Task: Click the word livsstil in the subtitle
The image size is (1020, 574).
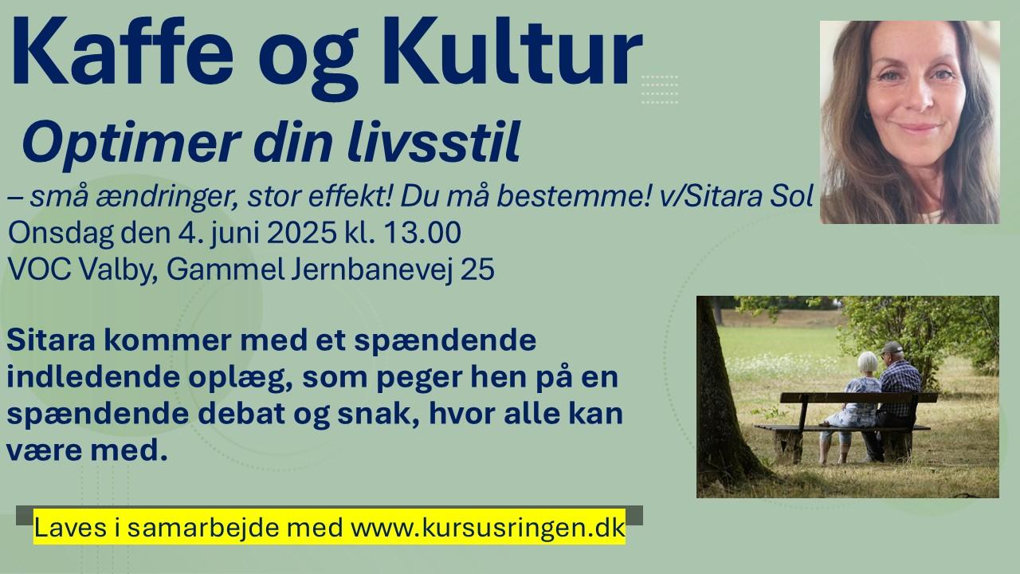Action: click(433, 141)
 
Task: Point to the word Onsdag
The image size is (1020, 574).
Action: click(61, 234)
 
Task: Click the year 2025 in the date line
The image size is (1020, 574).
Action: click(301, 233)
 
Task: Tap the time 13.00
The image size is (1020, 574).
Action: click(422, 233)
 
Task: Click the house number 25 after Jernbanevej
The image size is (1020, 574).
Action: click(477, 269)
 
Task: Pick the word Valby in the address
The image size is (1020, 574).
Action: click(119, 270)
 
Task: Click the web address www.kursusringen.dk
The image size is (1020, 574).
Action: click(488, 528)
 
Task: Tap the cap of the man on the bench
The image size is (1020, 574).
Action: click(892, 348)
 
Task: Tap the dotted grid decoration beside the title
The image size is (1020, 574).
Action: click(660, 89)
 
